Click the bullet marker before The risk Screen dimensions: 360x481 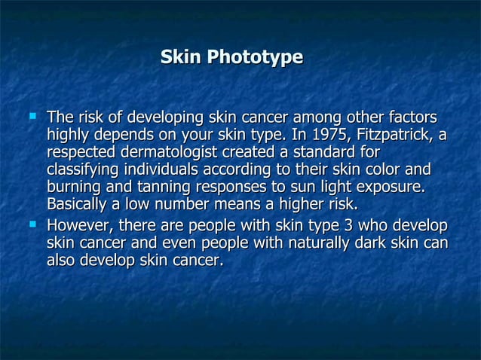click(32, 117)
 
